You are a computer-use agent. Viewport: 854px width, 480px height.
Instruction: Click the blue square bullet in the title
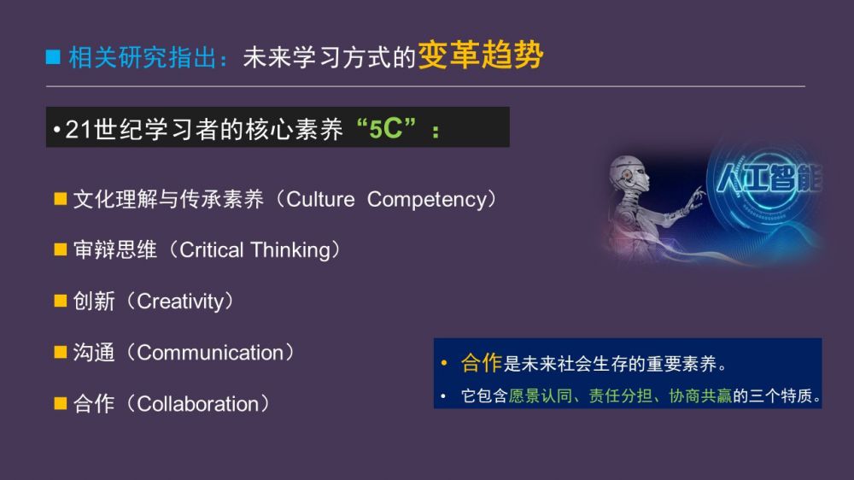pyautogui.click(x=53, y=56)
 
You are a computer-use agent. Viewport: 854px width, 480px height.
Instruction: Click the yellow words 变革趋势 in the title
pyautogui.click(x=481, y=55)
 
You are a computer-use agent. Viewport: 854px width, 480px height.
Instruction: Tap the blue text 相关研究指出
pyautogui.click(x=143, y=57)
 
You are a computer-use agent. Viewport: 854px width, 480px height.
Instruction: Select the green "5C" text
pyautogui.click(x=386, y=129)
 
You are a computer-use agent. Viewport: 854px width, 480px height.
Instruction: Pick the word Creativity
pyautogui.click(x=180, y=301)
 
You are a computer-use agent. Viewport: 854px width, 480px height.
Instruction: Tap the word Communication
pyautogui.click(x=210, y=353)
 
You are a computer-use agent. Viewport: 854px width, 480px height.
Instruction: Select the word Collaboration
pyautogui.click(x=198, y=404)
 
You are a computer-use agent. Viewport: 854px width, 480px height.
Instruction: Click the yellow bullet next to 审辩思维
pyautogui.click(x=61, y=249)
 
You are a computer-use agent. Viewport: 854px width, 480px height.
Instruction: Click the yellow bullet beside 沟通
pyautogui.click(x=61, y=352)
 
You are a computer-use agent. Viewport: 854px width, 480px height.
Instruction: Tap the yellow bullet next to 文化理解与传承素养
pyautogui.click(x=61, y=198)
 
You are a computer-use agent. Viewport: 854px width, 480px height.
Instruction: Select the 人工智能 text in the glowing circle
pyautogui.click(x=769, y=179)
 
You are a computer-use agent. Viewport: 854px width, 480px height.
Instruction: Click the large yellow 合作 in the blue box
pyautogui.click(x=481, y=363)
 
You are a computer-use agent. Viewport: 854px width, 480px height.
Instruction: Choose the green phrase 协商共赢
pyautogui.click(x=700, y=395)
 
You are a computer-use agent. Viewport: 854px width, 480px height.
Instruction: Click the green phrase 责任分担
pyautogui.click(x=620, y=395)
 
